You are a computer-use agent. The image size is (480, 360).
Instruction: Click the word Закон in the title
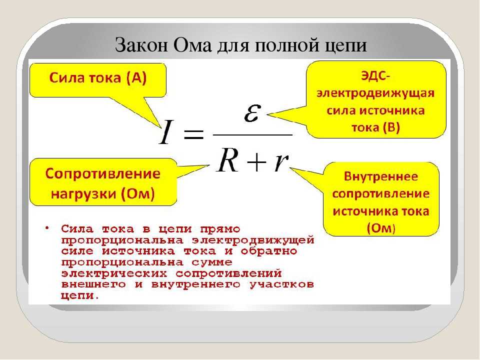coord(141,45)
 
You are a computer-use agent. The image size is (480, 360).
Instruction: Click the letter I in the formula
coord(165,132)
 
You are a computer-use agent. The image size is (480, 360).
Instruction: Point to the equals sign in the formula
coord(193,134)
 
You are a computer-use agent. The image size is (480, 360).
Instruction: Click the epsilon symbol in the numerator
coord(252,113)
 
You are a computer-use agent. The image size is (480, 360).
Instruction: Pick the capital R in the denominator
coord(227,159)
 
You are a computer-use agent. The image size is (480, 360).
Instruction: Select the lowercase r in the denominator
coord(281,162)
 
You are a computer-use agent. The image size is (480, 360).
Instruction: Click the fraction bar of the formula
coord(252,134)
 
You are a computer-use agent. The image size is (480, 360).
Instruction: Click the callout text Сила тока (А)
coord(98,78)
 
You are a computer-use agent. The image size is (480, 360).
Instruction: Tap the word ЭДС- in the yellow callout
coord(375,75)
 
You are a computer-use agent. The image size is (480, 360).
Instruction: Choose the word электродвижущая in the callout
coord(375,93)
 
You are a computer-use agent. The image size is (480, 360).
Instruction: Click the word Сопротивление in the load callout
coord(103,174)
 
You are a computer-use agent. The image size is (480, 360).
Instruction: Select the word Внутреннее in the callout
coord(381,176)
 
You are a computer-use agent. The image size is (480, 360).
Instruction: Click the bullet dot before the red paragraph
coord(47,228)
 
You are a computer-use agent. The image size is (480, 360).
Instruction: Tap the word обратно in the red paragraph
coord(269,251)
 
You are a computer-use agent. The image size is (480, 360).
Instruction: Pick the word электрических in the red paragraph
coord(114,273)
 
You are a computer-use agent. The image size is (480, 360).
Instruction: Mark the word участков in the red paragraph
coord(282,284)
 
